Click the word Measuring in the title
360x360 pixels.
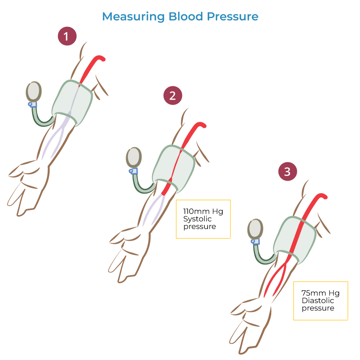click(x=133, y=17)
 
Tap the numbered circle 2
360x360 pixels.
click(x=173, y=96)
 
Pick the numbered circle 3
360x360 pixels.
click(x=288, y=172)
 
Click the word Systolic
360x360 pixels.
click(x=197, y=219)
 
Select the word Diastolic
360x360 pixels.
click(x=318, y=301)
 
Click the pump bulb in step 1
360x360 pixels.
click(x=34, y=92)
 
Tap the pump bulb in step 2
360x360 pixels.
click(x=134, y=158)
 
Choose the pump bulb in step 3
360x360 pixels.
click(x=255, y=229)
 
